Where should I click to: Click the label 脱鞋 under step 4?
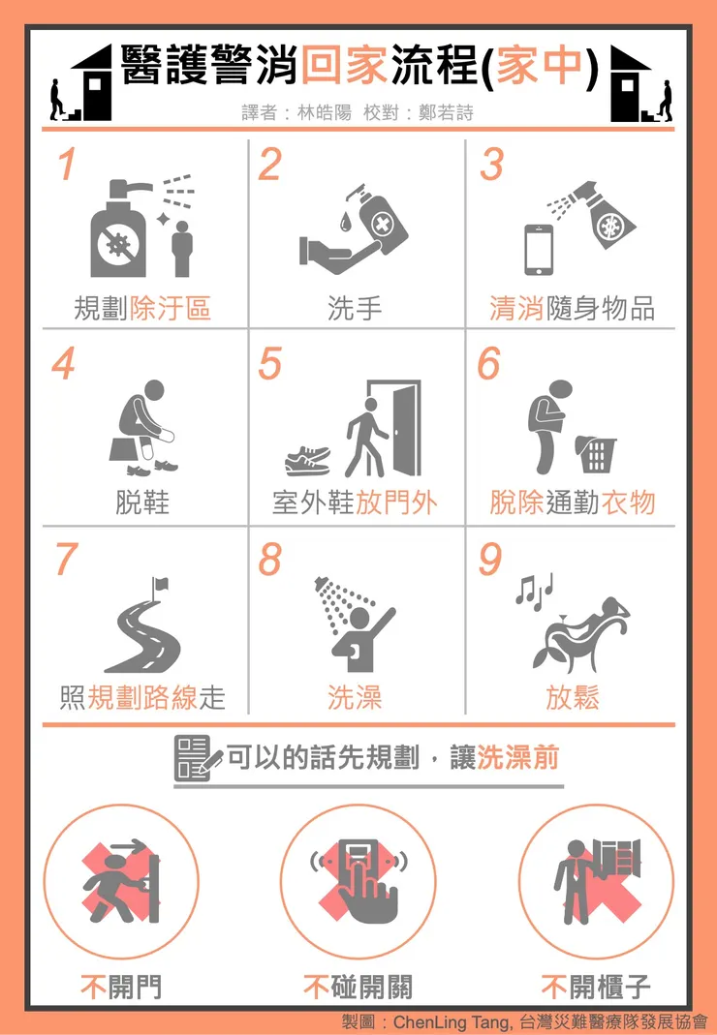(x=142, y=502)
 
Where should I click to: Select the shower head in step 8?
(x=327, y=588)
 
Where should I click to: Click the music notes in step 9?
(x=534, y=588)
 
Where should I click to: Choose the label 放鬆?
(x=573, y=697)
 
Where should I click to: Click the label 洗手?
(x=355, y=308)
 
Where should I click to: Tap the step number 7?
(x=66, y=559)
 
